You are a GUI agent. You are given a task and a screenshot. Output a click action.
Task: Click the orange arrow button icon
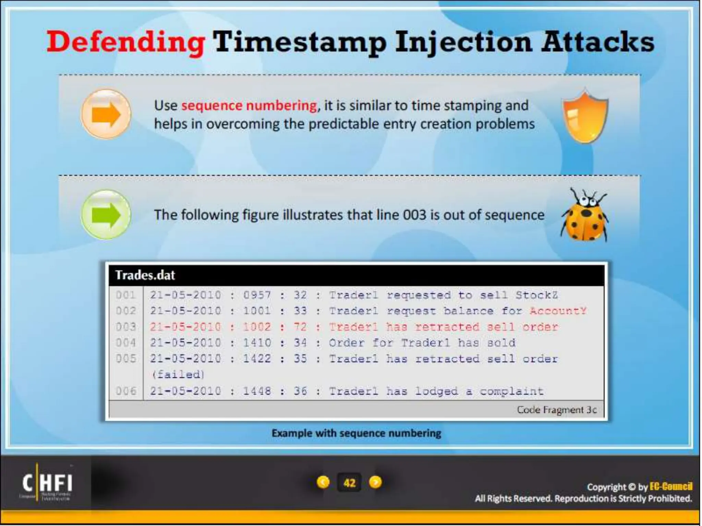(x=106, y=114)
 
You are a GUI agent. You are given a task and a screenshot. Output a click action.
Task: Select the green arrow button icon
(x=106, y=214)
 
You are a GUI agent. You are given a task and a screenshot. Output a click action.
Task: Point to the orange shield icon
(x=585, y=116)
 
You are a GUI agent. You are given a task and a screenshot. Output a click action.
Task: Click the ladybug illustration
(x=585, y=216)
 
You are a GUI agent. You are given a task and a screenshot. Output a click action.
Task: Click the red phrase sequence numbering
(x=249, y=105)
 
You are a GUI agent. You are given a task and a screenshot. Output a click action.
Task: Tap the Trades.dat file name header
(x=145, y=275)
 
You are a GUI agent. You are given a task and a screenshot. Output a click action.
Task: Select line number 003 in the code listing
(x=126, y=327)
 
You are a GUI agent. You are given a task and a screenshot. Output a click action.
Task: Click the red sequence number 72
(x=300, y=327)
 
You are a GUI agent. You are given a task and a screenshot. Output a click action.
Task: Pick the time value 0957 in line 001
(x=257, y=295)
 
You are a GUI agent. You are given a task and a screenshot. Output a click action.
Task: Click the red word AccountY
(x=558, y=311)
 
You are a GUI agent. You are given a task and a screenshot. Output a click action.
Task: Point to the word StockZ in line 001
(x=536, y=295)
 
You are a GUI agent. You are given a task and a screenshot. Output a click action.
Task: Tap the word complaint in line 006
(x=511, y=391)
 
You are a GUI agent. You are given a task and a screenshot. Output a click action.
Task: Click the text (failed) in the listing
(x=178, y=374)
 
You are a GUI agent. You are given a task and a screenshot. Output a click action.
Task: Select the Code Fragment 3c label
(x=557, y=410)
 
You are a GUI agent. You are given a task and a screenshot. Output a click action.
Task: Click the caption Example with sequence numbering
(x=356, y=433)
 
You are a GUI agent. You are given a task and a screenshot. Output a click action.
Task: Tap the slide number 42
(x=349, y=483)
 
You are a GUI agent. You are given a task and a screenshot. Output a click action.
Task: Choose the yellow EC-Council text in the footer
(x=671, y=487)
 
